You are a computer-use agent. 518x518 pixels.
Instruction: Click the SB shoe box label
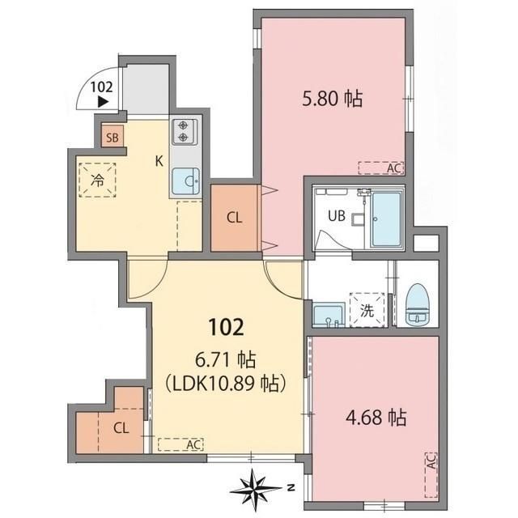point(113,138)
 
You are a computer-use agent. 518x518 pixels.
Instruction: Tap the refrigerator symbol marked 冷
point(97,180)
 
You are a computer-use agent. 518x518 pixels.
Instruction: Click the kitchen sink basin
point(186,181)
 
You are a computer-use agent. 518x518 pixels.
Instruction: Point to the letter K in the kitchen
point(159,162)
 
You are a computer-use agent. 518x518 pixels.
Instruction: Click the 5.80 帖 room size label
point(333,99)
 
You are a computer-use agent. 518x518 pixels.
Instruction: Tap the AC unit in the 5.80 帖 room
point(381,168)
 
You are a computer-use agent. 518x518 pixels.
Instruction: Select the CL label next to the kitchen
point(235,218)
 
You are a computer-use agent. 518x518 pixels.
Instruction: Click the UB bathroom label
point(337,216)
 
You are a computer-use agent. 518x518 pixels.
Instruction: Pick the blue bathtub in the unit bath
point(386,219)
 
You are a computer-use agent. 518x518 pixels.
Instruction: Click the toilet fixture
point(417,304)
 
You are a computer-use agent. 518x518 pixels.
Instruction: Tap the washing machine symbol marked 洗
point(367,310)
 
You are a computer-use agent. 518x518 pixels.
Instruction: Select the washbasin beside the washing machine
point(329,316)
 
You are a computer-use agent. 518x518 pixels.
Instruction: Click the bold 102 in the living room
point(227,327)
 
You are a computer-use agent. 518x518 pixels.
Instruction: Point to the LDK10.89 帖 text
point(225,384)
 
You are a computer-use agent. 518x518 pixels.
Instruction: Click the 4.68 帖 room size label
point(376,417)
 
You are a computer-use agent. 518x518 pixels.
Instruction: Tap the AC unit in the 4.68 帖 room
point(431,475)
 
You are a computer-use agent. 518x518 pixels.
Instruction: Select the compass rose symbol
point(256,487)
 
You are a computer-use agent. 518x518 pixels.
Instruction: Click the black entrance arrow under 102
point(103,102)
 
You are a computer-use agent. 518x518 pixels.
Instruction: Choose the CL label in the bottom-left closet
point(121,428)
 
